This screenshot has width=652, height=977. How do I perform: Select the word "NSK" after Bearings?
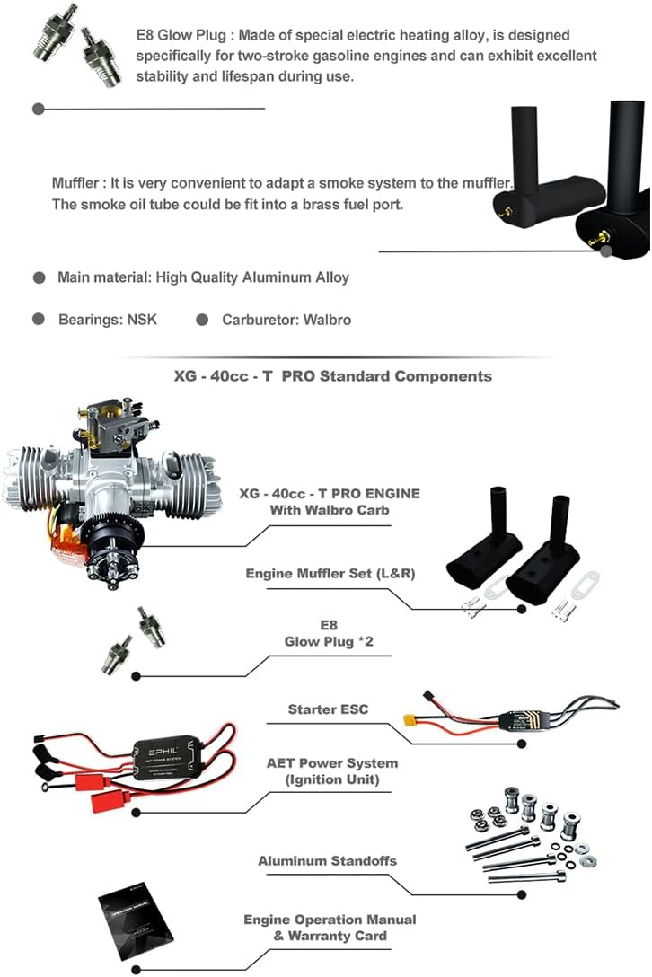coord(139,319)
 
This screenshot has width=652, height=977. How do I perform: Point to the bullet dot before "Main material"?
coord(40,277)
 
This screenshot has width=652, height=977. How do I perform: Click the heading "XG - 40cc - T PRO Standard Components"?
coord(332,376)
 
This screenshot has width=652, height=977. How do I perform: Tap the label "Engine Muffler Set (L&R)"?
coord(330,573)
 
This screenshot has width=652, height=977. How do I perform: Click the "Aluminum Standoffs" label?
coord(327,861)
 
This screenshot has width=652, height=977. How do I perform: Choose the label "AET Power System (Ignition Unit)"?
coord(331,771)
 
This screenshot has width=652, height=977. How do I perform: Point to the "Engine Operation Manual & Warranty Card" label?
coord(330,928)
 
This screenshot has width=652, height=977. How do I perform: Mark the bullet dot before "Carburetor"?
coord(203,319)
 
